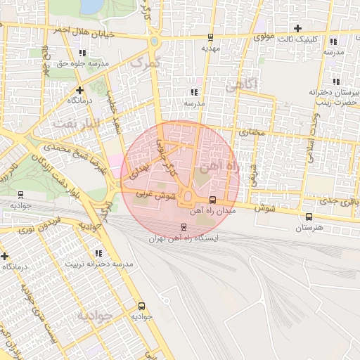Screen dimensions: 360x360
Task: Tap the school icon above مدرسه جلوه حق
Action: (x=82, y=52)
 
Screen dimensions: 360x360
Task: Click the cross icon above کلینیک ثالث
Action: (x=298, y=28)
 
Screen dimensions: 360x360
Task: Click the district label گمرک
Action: (x=146, y=63)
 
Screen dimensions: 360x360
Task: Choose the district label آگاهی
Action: (x=243, y=85)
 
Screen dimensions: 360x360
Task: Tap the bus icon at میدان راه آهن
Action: (x=213, y=199)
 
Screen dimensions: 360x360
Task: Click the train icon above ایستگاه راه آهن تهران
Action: (x=184, y=226)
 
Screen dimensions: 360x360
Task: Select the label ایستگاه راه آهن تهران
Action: (x=184, y=238)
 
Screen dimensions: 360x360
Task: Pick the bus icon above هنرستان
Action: (x=309, y=217)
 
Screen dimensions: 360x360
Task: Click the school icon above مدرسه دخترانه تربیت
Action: (x=98, y=253)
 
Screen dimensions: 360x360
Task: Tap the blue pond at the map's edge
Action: (x=91, y=6)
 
